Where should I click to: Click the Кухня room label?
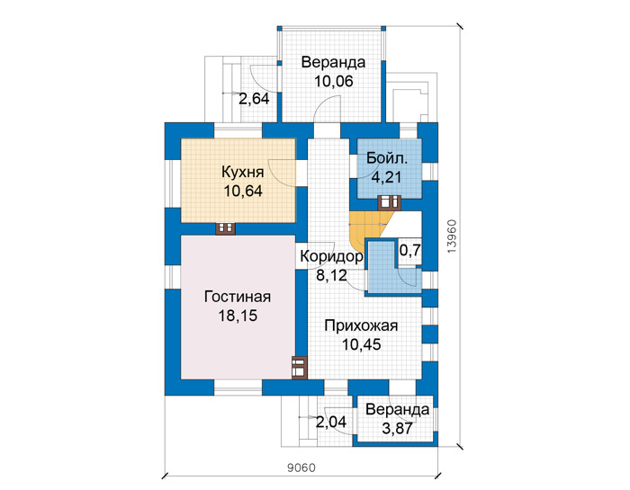point(243,172)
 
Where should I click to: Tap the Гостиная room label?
point(238,297)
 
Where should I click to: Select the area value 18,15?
point(238,316)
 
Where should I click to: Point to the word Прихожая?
point(361,325)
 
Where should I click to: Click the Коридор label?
point(331,256)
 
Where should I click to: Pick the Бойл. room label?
point(387,158)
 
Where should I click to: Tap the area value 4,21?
point(386,177)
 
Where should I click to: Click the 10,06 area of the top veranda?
point(334,82)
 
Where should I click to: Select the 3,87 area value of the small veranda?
point(397,429)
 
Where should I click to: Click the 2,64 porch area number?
point(254,98)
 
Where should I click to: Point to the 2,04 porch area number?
point(331,423)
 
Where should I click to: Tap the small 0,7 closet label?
point(409,251)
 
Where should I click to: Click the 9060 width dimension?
point(301,468)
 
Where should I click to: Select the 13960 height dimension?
point(452,236)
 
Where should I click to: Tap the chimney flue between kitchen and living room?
point(225,228)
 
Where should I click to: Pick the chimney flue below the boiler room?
point(389,202)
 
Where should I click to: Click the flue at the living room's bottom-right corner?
point(300,368)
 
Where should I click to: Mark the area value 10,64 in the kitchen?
point(243,191)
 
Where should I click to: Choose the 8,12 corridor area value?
point(331,276)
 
